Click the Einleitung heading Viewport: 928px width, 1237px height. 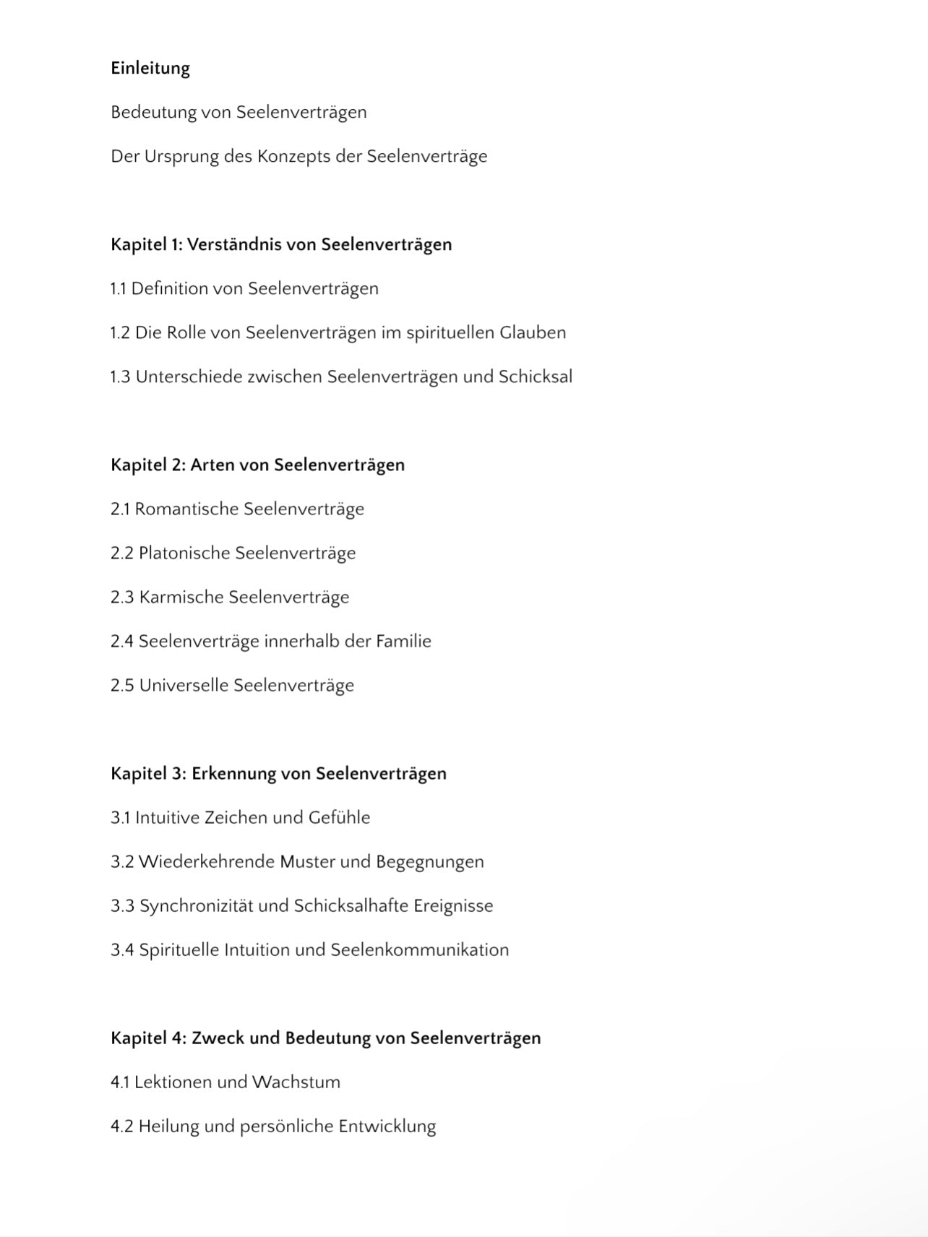click(x=150, y=69)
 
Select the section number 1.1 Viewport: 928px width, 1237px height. click(x=119, y=289)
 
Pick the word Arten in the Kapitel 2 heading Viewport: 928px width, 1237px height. click(x=212, y=465)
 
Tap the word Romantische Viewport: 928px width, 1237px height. click(x=186, y=509)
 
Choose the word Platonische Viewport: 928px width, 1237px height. click(x=184, y=553)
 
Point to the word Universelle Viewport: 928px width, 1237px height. click(x=184, y=686)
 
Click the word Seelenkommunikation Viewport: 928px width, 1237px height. click(x=419, y=950)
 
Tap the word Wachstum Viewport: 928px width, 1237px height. click(x=296, y=1082)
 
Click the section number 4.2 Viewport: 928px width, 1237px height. click(x=121, y=1126)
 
